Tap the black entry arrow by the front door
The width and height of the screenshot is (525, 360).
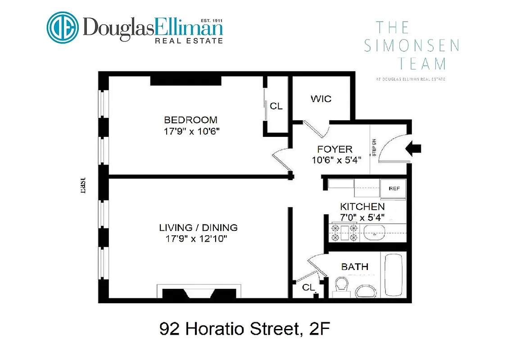414,148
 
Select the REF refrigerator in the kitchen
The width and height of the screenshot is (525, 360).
393,189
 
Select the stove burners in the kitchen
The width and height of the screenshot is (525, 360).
344,232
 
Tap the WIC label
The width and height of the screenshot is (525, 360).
321,99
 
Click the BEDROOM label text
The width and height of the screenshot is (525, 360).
190,120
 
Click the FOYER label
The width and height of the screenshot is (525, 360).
335,149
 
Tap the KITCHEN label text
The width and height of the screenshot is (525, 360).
362,207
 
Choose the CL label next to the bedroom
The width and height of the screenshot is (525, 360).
276,106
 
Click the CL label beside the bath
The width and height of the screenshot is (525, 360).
308,287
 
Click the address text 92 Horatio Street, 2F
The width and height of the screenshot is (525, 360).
245,329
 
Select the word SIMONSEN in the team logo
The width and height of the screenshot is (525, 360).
411,45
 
